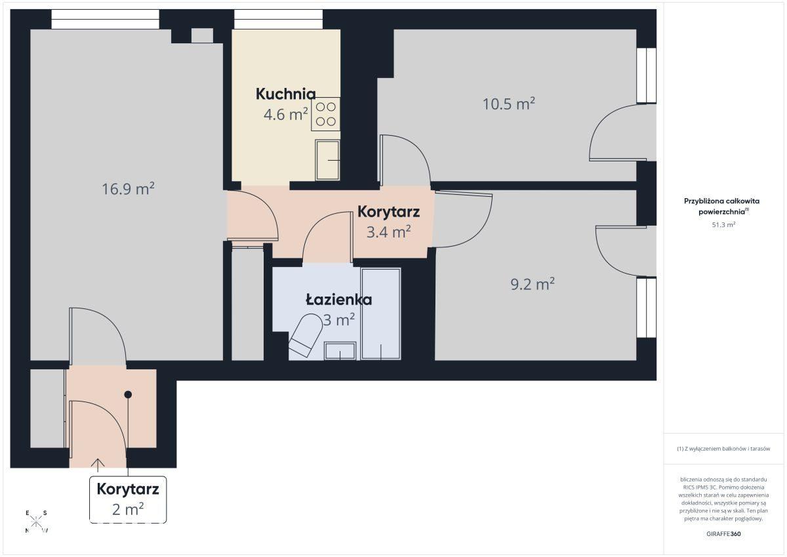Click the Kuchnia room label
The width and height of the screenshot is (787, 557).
click(286, 94)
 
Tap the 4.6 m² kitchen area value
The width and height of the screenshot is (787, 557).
click(286, 114)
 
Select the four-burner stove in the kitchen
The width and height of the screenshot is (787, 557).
click(326, 114)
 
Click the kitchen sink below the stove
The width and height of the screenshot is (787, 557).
click(327, 160)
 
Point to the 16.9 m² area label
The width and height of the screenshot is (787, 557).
click(128, 189)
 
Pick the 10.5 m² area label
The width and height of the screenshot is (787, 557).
click(508, 104)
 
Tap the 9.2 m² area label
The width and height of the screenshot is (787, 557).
click(533, 284)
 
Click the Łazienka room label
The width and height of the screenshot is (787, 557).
click(338, 300)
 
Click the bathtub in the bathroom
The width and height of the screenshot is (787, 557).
click(381, 314)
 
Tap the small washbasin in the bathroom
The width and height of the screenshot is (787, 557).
click(340, 351)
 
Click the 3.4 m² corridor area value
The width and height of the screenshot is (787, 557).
click(388, 232)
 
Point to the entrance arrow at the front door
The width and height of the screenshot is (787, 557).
click(98, 465)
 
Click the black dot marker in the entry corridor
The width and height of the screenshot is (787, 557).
click(128, 395)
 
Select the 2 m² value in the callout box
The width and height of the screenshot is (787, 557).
click(128, 509)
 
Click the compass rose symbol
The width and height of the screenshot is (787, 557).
click(36, 522)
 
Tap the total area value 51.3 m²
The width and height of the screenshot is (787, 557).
click(723, 225)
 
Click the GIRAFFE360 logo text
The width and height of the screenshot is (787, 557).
click(723, 534)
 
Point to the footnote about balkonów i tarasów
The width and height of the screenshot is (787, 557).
click(723, 449)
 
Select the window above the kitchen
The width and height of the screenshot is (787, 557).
click(278, 19)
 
